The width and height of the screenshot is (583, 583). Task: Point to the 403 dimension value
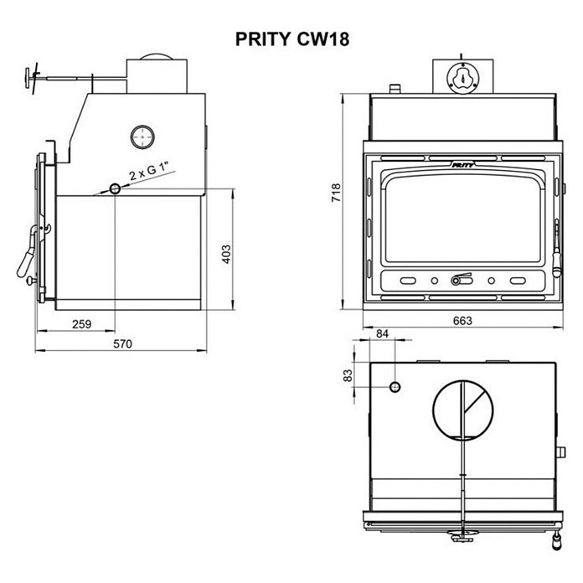click(224, 254)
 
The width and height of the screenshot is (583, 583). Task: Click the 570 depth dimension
click(123, 343)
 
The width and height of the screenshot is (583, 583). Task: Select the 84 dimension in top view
click(383, 334)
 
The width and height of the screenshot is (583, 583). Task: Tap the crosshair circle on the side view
click(142, 136)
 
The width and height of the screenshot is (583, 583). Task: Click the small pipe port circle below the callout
click(114, 189)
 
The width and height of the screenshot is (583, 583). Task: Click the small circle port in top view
click(395, 387)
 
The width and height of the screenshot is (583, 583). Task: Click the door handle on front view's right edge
click(555, 251)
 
